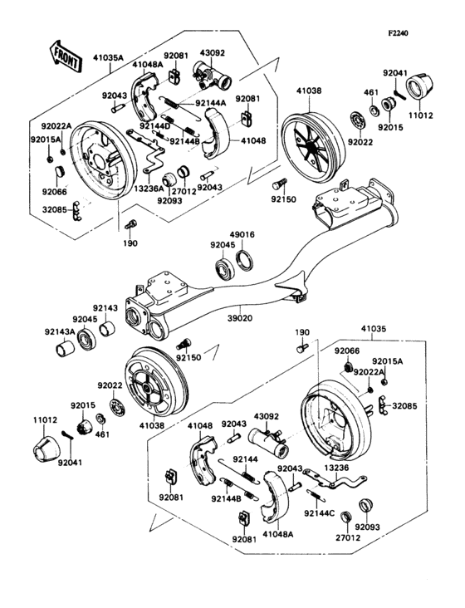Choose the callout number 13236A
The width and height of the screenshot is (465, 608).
(148, 189)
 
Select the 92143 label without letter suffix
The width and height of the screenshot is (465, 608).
(105, 306)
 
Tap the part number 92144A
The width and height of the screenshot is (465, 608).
(212, 104)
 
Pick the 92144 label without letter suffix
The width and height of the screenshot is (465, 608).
(246, 458)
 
